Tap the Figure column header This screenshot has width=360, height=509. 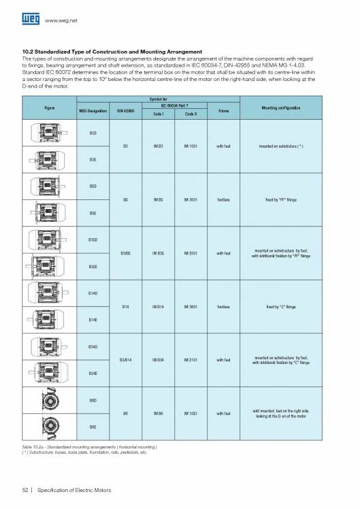click(x=49, y=108)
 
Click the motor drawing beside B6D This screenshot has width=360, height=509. click(x=49, y=401)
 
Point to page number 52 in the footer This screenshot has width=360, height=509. click(x=25, y=491)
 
